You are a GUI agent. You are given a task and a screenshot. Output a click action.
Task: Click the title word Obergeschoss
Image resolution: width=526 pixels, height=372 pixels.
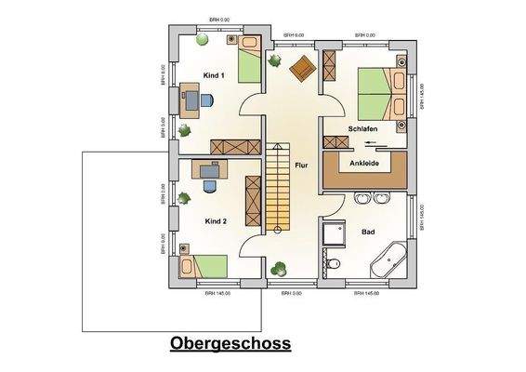(x=230, y=343)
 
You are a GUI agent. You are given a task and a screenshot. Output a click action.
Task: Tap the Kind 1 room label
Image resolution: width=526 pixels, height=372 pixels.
(x=216, y=76)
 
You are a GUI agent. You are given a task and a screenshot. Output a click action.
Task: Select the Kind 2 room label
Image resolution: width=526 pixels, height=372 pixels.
(x=216, y=221)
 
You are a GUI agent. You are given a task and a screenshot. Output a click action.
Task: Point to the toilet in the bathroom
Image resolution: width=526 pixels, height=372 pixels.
(x=334, y=266)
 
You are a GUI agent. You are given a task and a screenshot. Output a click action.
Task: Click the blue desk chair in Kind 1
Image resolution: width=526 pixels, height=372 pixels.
(x=206, y=100)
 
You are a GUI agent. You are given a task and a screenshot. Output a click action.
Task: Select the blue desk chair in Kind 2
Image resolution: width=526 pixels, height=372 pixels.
(x=209, y=184)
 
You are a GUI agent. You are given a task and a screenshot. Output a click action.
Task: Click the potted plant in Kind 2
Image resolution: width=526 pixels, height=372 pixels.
(x=184, y=197)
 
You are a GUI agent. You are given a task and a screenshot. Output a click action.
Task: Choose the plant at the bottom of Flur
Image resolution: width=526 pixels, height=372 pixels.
(x=277, y=270)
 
